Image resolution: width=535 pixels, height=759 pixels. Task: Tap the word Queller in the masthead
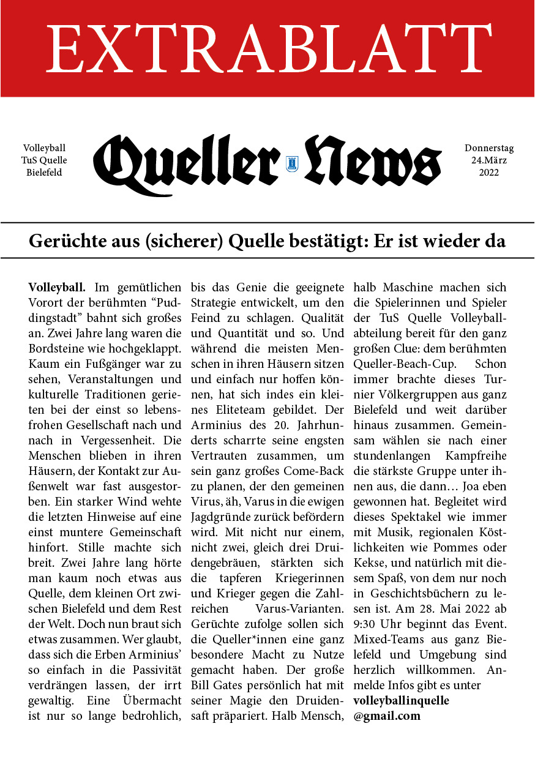click(187, 160)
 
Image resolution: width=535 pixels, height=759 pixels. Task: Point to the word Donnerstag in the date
click(489, 148)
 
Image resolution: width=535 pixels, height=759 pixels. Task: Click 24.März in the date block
click(489, 160)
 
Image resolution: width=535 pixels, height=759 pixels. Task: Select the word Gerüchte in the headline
click(65, 241)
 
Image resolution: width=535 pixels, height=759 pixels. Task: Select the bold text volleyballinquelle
click(401, 699)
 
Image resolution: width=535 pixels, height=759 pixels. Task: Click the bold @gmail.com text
click(387, 715)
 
